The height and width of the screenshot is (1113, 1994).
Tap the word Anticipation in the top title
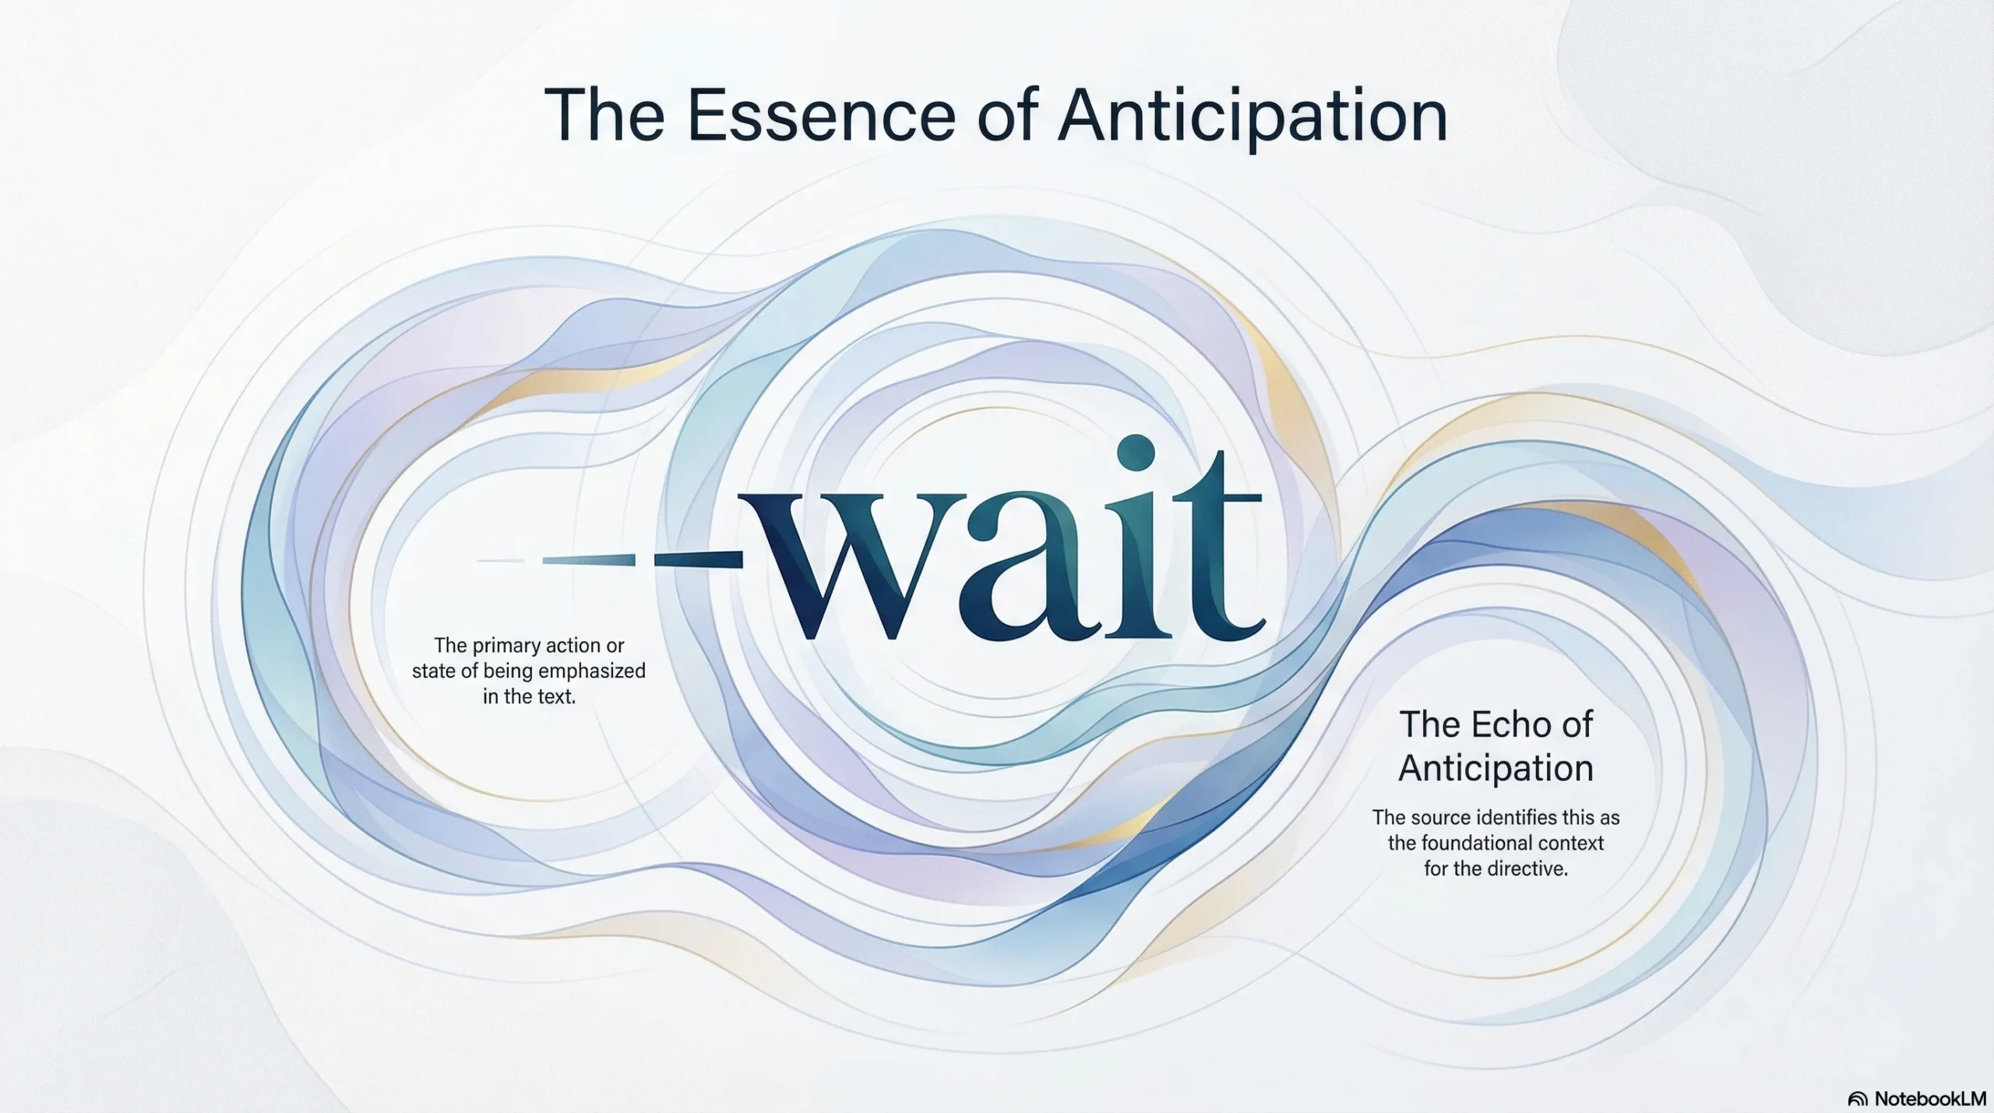(1252, 118)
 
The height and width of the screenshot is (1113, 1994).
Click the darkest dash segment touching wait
(698, 559)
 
